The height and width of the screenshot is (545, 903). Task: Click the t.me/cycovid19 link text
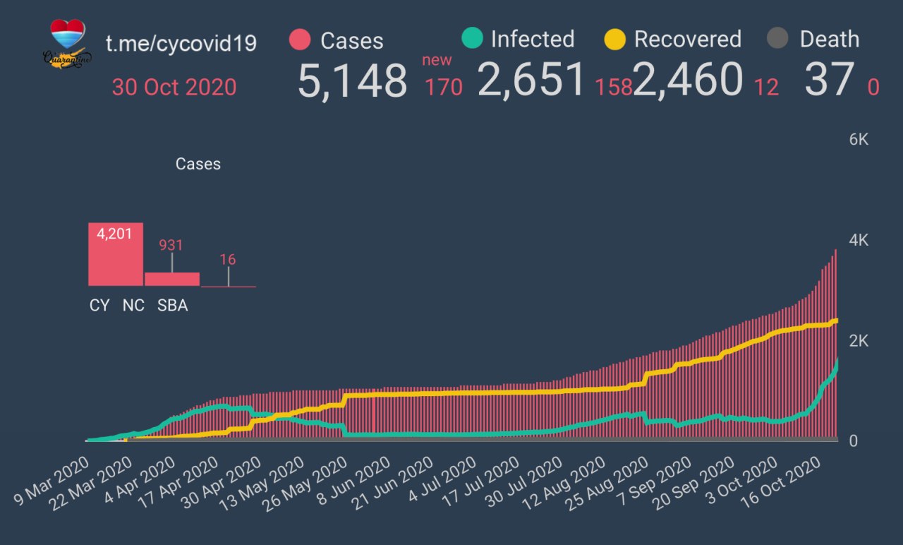(x=181, y=43)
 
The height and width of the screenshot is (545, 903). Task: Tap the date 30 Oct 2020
(x=174, y=88)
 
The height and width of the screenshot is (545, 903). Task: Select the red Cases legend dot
(x=300, y=40)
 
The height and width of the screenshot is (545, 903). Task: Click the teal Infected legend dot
(x=471, y=38)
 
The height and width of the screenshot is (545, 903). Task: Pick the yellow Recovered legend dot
(x=615, y=39)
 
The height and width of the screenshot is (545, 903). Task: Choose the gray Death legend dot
(x=777, y=39)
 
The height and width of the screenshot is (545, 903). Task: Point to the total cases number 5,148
(x=352, y=80)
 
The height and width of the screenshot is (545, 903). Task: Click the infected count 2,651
(x=532, y=79)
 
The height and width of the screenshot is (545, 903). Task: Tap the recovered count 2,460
(x=688, y=79)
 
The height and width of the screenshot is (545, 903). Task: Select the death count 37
(x=829, y=79)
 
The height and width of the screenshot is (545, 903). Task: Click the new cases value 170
(x=443, y=88)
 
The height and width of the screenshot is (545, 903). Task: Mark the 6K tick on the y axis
(x=859, y=140)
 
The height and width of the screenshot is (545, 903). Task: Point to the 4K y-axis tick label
(x=859, y=240)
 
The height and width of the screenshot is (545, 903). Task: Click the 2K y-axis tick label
(x=859, y=341)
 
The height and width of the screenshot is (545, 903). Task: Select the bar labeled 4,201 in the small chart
(x=115, y=254)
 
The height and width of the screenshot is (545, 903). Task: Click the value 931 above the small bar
(x=171, y=245)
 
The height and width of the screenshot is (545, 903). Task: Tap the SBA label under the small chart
(x=172, y=306)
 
